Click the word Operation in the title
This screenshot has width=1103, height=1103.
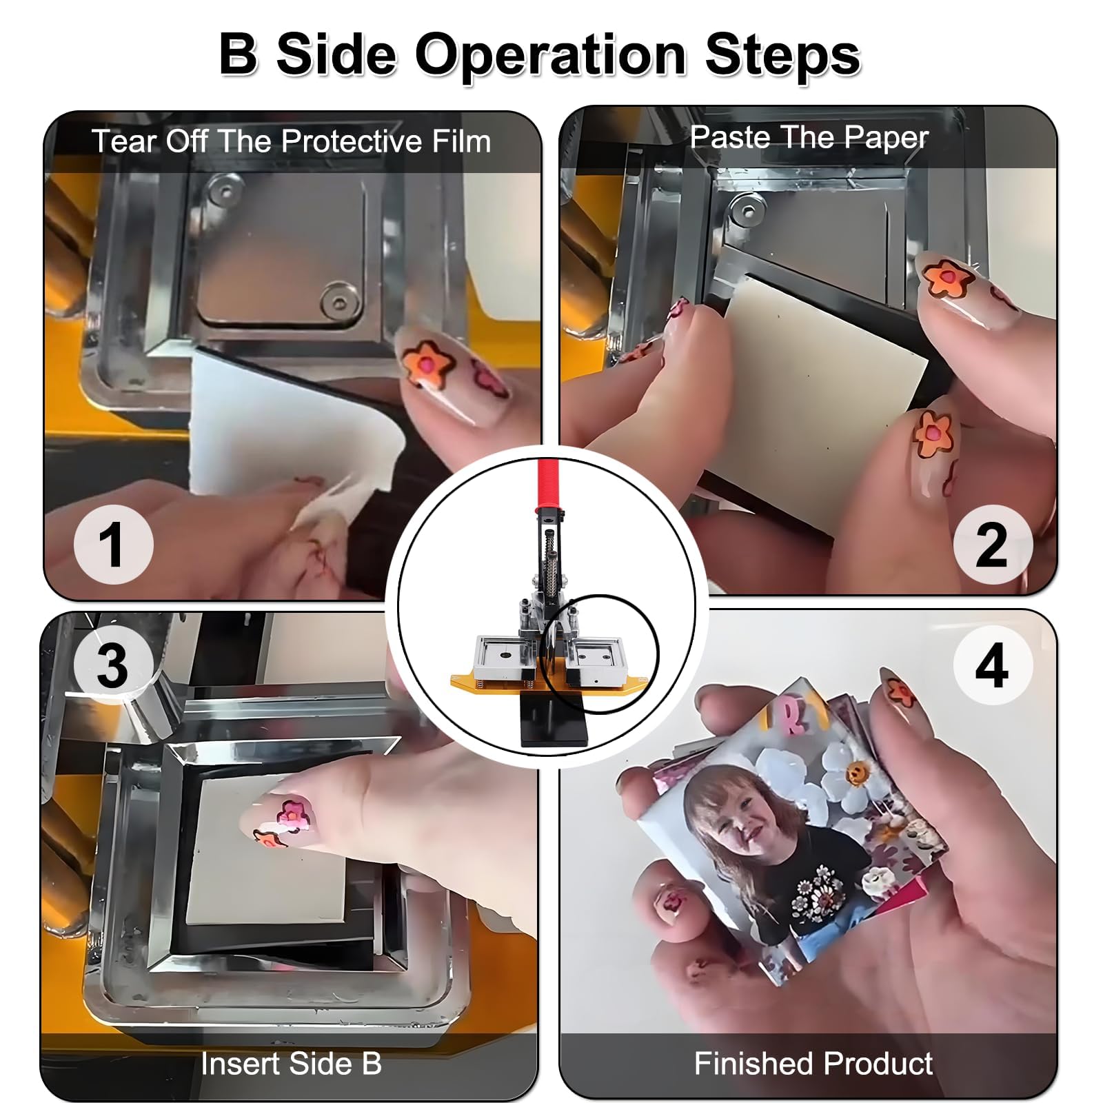[x=550, y=56]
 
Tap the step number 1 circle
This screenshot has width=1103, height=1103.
[x=113, y=544]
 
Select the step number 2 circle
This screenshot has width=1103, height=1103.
[x=993, y=544]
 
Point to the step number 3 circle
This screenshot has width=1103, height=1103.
[x=113, y=665]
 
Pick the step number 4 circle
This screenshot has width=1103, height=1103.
[x=993, y=665]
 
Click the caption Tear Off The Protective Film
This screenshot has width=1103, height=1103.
[x=291, y=141]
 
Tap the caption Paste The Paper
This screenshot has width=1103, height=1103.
[x=809, y=137]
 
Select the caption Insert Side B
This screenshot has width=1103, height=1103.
[x=291, y=1063]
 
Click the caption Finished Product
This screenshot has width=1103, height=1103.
[x=813, y=1063]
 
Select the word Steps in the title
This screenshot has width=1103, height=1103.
[x=782, y=56]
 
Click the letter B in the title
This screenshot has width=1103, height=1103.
[x=239, y=53]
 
